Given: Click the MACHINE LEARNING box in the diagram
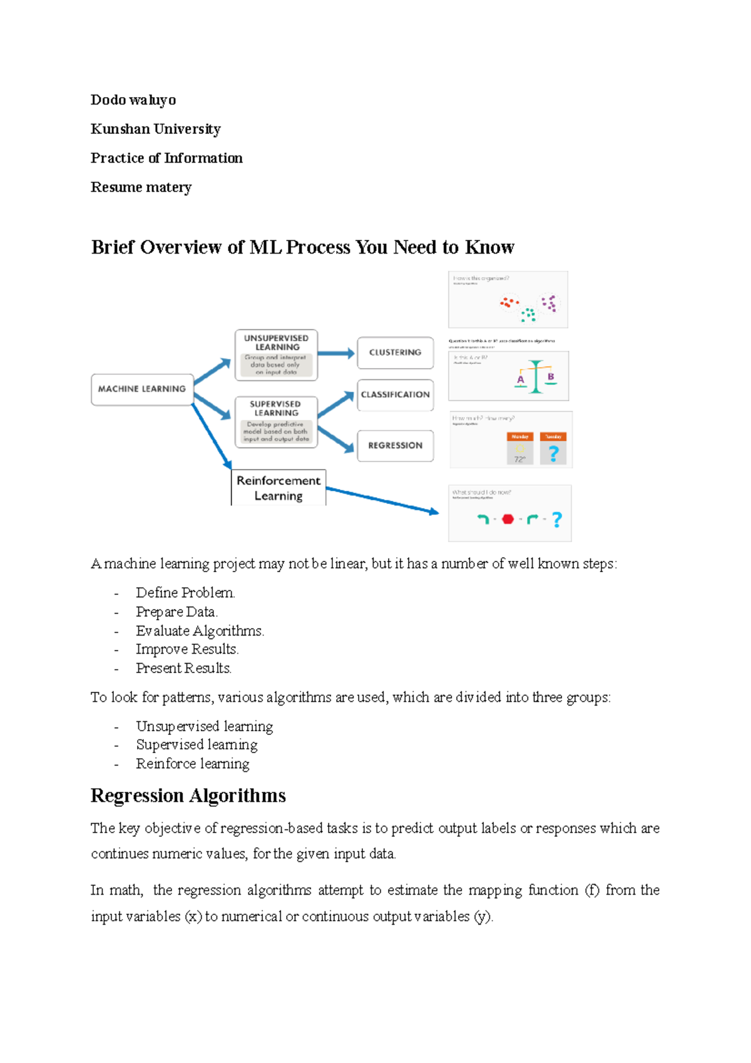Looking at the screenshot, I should (142, 389).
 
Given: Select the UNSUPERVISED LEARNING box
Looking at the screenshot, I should (276, 355).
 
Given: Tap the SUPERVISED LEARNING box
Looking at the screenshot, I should (276, 422).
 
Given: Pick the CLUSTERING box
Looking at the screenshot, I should (395, 352).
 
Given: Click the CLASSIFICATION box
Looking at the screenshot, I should (395, 395).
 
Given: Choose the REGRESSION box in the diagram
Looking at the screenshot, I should (395, 446).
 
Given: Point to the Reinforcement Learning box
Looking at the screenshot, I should (278, 488).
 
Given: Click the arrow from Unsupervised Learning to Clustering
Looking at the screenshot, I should (336, 354).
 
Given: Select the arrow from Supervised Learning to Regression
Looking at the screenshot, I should (336, 439).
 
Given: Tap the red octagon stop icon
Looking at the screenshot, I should (508, 519).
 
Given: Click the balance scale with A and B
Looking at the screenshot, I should (536, 376).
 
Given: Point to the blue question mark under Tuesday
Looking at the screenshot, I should (553, 453).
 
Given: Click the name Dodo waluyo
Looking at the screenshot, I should (133, 100).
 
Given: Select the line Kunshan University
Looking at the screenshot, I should (156, 129).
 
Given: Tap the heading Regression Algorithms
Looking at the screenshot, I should (188, 796).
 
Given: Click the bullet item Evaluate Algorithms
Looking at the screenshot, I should (200, 631).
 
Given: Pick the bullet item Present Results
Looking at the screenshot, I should (183, 669).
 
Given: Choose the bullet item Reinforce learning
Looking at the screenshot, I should (192, 764).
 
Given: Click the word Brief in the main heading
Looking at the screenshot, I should (113, 247).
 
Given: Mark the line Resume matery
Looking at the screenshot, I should (141, 187).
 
